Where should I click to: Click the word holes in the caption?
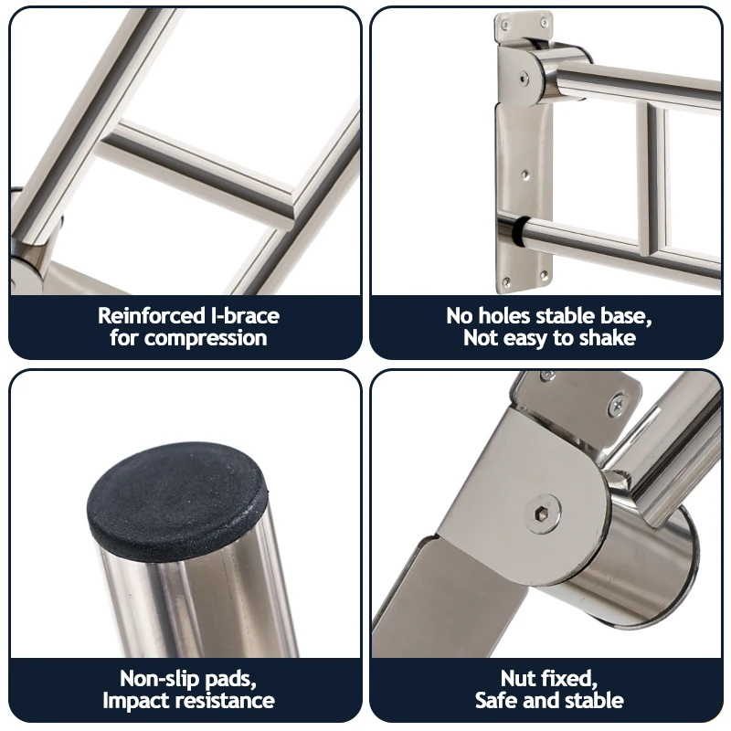click(x=517, y=316)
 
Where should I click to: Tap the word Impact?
click(x=133, y=701)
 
